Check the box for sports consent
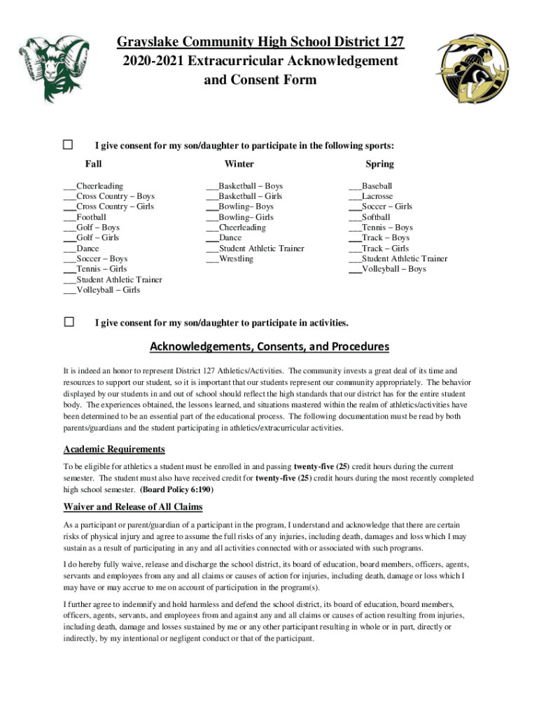tap(69, 145)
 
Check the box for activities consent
tap(69, 322)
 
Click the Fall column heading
tap(93, 164)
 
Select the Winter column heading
tap(239, 164)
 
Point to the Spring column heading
tap(379, 164)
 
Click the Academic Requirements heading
tap(114, 450)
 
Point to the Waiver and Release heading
tap(133, 507)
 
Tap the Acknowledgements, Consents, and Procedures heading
tap(269, 347)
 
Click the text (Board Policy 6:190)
tap(177, 489)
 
